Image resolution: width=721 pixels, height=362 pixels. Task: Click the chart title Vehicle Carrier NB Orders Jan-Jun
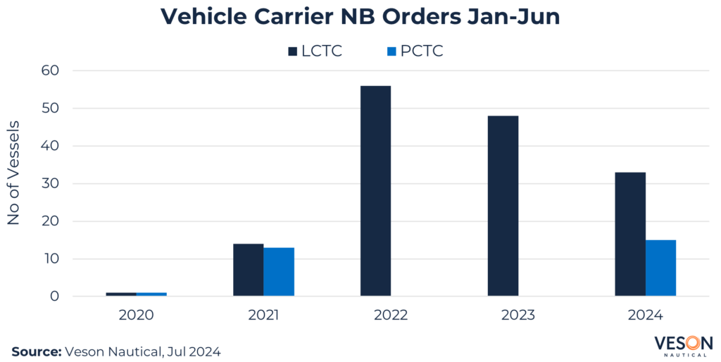click(x=360, y=17)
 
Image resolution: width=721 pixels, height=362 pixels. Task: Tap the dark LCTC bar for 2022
click(x=375, y=191)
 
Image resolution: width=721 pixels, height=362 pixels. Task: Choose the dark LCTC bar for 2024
click(x=629, y=234)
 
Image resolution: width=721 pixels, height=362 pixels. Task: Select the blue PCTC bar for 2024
click(x=660, y=268)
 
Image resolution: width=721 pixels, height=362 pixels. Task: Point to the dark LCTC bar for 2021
click(x=248, y=270)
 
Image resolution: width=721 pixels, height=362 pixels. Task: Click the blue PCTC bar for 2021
click(x=279, y=272)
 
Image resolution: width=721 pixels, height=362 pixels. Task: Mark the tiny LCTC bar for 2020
click(x=121, y=294)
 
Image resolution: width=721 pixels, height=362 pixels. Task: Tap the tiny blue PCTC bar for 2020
click(x=151, y=294)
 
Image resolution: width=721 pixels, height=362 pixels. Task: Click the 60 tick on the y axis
click(x=54, y=70)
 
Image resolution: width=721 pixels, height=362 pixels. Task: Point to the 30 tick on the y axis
click(x=54, y=184)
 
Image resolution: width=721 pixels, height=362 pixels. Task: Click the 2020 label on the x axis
click(x=137, y=315)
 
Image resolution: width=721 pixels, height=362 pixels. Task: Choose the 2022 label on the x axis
click(x=391, y=315)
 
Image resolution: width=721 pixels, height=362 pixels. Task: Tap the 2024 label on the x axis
click(x=645, y=315)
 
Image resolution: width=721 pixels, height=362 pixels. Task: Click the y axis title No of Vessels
click(x=13, y=173)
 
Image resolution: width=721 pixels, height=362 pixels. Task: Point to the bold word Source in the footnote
click(x=35, y=350)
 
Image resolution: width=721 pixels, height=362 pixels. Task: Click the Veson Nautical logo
click(x=683, y=345)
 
